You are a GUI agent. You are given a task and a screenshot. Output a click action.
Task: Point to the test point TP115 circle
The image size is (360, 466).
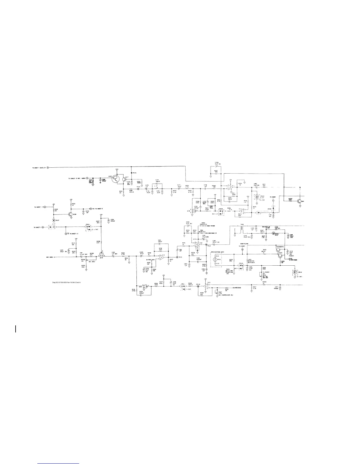[x=177, y=257]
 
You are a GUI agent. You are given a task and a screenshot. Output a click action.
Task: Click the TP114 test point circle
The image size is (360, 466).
[x=138, y=189]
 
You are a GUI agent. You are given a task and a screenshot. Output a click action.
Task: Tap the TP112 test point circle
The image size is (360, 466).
[x=206, y=244]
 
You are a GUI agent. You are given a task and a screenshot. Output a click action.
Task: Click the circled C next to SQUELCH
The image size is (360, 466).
[x=48, y=168]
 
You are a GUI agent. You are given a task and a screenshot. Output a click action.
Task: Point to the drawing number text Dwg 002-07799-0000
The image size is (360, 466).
[x=66, y=282]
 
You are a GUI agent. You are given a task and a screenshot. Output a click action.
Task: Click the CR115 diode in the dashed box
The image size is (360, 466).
[x=295, y=272]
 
